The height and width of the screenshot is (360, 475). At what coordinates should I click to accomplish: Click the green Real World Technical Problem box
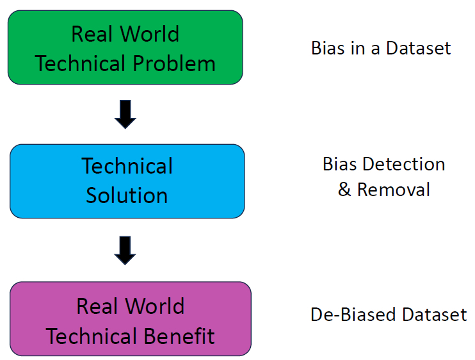point(125,47)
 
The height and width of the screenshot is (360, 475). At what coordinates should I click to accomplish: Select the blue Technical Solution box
point(127,181)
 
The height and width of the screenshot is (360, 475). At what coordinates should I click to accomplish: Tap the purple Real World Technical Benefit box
point(130,319)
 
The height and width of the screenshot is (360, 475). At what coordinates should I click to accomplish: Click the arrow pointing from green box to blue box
point(125,113)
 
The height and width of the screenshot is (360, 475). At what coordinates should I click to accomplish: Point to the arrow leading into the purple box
point(125,250)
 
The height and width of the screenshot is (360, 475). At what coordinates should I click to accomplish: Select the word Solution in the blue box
point(127,195)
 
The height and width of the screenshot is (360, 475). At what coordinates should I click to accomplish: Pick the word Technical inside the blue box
point(127,166)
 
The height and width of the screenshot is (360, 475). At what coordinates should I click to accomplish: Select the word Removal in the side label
point(393,190)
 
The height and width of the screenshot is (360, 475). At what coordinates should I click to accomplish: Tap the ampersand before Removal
point(344,190)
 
